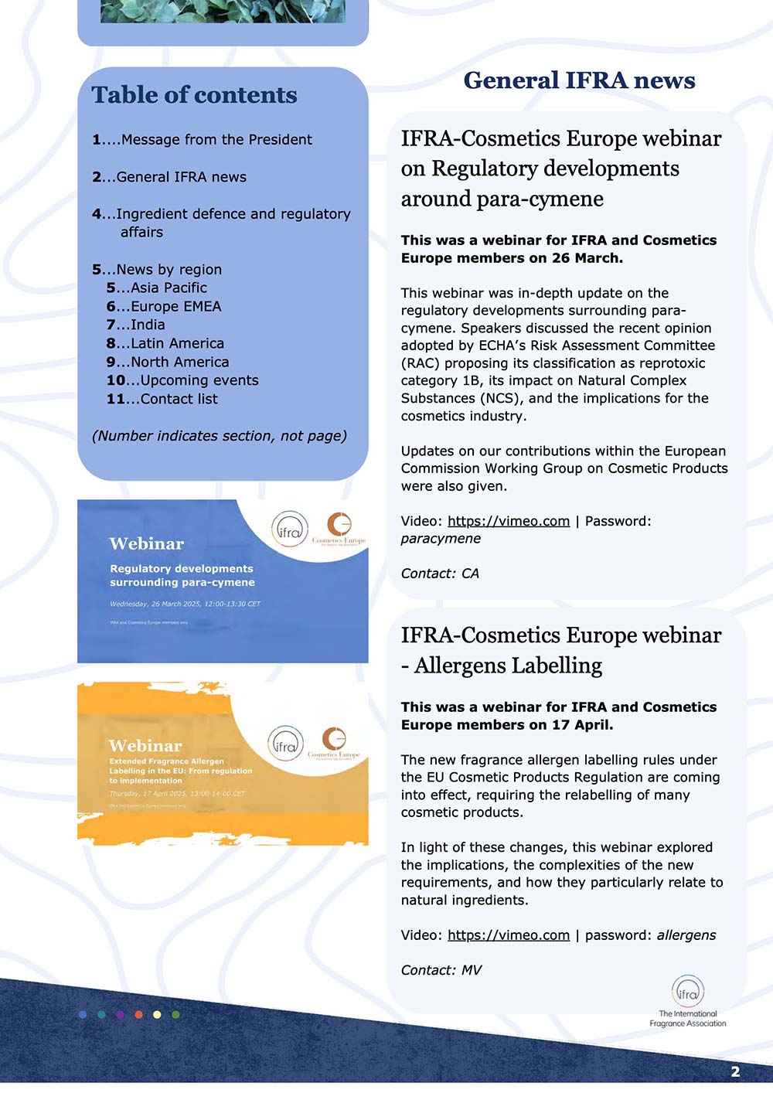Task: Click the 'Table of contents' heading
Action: (x=194, y=95)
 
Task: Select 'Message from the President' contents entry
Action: (x=203, y=140)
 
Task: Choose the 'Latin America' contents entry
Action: (x=165, y=343)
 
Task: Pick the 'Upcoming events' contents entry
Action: (x=182, y=380)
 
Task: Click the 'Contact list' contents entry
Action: (x=162, y=399)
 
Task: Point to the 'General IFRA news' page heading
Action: (x=579, y=80)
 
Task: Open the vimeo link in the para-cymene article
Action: (x=509, y=521)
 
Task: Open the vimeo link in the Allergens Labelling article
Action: (x=509, y=935)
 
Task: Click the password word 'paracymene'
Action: (x=441, y=539)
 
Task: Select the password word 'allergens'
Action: (x=686, y=935)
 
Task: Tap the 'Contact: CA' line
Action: (x=440, y=574)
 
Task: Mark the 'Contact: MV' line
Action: (x=441, y=970)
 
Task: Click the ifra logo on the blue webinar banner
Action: (x=290, y=530)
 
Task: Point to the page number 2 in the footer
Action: (x=735, y=1071)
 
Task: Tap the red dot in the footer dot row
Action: (x=138, y=1014)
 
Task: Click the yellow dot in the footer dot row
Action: (x=157, y=1014)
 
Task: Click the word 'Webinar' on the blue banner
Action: (x=147, y=544)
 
